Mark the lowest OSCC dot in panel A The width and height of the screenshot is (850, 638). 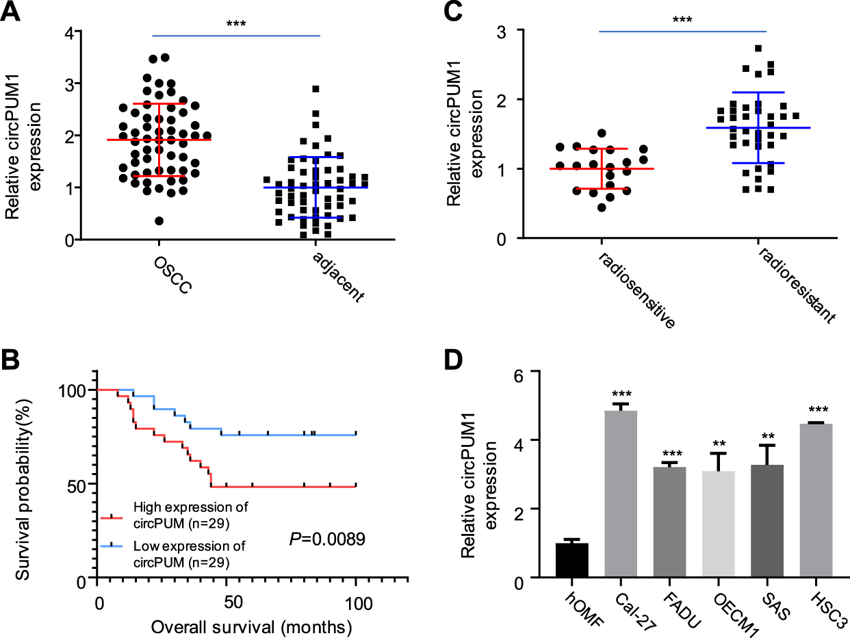click(159, 220)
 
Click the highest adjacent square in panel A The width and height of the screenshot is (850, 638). click(315, 89)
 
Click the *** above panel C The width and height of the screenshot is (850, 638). click(682, 20)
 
